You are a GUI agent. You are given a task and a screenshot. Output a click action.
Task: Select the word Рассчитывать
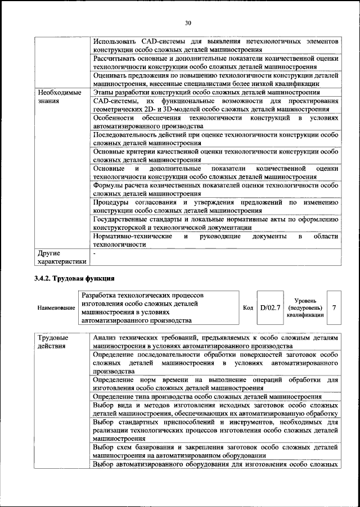[115, 58]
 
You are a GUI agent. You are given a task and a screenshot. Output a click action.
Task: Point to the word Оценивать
[110, 75]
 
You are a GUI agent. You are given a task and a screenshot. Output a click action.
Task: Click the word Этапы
[104, 92]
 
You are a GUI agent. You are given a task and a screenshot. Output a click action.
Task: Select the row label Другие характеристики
[62, 257]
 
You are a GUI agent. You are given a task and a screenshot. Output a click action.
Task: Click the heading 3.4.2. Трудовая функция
[74, 278]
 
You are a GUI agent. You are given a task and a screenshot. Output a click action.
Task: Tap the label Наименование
[56, 308]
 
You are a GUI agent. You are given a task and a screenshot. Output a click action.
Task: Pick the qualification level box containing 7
[334, 307]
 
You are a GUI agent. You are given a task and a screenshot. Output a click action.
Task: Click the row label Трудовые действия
[52, 342]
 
